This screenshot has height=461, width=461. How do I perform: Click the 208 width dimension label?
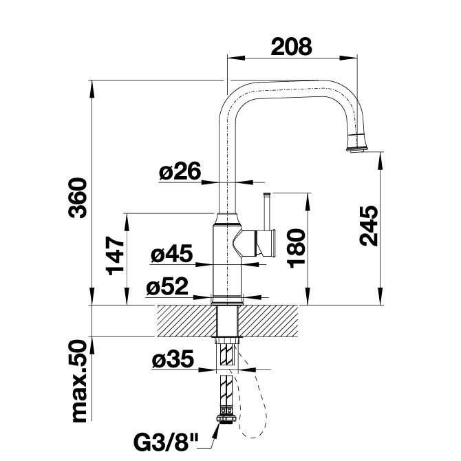click(x=291, y=47)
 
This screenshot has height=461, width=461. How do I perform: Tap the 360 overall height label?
click(x=78, y=198)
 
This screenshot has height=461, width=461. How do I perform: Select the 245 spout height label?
click(x=369, y=226)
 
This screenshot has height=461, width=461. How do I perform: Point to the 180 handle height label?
click(x=296, y=248)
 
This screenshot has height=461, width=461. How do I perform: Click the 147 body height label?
click(x=115, y=255)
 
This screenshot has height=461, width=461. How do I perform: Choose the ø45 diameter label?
click(x=172, y=253)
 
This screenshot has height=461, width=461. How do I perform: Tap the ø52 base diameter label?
click(x=167, y=286)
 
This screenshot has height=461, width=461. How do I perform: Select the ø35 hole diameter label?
click(x=173, y=358)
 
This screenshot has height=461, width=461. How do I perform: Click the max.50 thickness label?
click(x=79, y=381)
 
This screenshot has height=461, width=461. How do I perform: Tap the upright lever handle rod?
click(x=268, y=211)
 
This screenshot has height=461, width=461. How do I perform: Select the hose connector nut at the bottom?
click(x=226, y=418)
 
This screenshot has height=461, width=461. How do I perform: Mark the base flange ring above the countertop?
click(x=226, y=301)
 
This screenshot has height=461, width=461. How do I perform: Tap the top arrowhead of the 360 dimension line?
click(x=92, y=89)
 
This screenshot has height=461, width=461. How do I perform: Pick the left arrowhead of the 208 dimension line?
click(x=236, y=58)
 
